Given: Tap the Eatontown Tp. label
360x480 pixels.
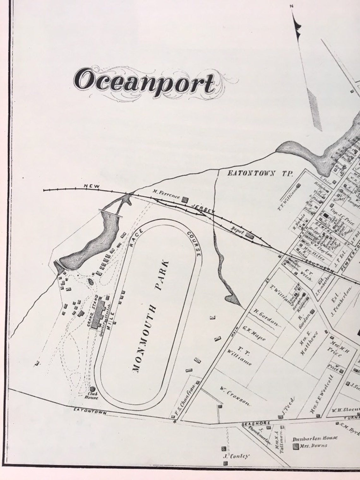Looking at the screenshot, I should pyautogui.click(x=260, y=173).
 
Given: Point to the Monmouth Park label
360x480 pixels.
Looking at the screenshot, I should pyautogui.click(x=150, y=316).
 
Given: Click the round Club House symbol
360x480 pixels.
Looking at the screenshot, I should pyautogui.click(x=93, y=390).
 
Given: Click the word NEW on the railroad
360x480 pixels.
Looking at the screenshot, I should pyautogui.click(x=92, y=186).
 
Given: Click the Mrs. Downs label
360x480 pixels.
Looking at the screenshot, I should pyautogui.click(x=314, y=446).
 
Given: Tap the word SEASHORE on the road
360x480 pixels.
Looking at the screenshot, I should pyautogui.click(x=256, y=423).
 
